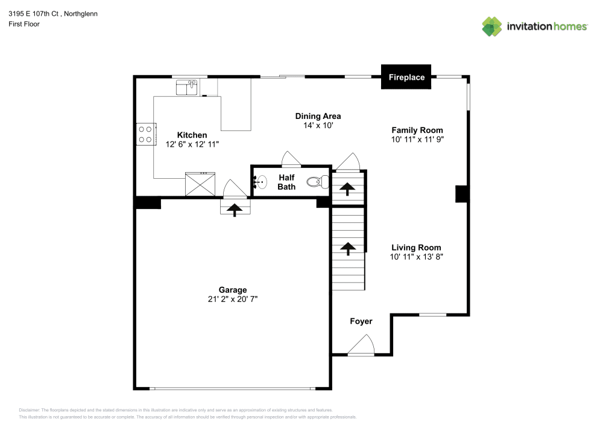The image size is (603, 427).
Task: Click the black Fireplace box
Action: pyautogui.click(x=406, y=77)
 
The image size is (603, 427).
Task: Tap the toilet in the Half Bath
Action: pyautogui.click(x=318, y=181)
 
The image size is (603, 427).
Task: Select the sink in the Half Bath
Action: pyautogui.click(x=260, y=181)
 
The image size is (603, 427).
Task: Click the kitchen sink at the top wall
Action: pyautogui.click(x=187, y=88)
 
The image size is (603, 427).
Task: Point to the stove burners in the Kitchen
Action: pyautogui.click(x=145, y=133)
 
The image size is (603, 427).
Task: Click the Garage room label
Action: pyautogui.click(x=232, y=290)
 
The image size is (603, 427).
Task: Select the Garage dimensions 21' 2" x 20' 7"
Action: pyautogui.click(x=232, y=299)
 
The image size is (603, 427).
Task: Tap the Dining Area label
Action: pyautogui.click(x=318, y=116)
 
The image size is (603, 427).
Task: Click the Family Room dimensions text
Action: pyautogui.click(x=417, y=139)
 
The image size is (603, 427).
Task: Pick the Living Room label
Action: pyautogui.click(x=416, y=247)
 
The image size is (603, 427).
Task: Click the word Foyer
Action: pyautogui.click(x=361, y=321)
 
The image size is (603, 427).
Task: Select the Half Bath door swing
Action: pyautogui.click(x=291, y=159)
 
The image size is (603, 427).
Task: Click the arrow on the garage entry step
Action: pyautogui.click(x=234, y=208)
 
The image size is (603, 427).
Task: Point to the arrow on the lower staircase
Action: pyautogui.click(x=348, y=247)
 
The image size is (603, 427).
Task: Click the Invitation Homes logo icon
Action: pyautogui.click(x=491, y=26)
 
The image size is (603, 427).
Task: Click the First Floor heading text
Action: pyautogui.click(x=24, y=24)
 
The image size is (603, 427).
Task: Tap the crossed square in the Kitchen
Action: pyautogui.click(x=200, y=184)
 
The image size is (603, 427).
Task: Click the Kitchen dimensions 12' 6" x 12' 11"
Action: pyautogui.click(x=192, y=144)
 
